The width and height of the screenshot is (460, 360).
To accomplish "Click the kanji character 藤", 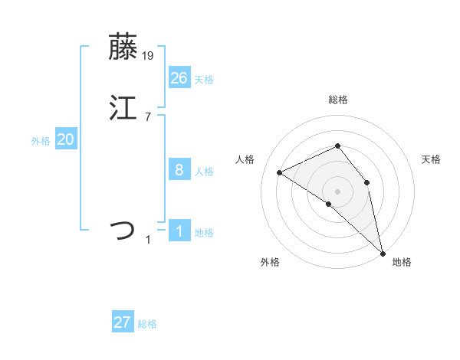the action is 123,47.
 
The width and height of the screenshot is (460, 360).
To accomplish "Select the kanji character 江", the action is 123,107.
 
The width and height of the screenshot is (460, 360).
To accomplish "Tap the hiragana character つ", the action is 123,230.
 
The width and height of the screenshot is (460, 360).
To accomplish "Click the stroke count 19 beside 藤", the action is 149,56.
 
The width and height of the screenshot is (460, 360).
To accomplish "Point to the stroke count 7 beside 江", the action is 148,116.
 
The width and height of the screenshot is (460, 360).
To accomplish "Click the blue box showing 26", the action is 179,77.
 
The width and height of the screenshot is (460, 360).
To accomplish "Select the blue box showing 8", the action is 179,170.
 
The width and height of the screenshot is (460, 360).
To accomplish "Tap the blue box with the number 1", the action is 179,231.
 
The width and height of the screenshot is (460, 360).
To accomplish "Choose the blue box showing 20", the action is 66,139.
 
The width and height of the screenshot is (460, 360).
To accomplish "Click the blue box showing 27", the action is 123,322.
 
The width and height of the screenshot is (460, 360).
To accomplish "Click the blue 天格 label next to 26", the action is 204,80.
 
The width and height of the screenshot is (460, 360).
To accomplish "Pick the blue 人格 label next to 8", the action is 204,172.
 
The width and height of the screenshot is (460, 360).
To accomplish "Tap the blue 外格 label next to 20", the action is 41,142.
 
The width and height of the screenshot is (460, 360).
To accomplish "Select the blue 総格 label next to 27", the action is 147,325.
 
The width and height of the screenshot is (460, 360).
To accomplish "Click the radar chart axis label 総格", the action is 337,100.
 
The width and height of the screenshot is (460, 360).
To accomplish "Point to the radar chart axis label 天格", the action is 432,159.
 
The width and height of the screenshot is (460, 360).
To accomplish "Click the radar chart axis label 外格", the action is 270,262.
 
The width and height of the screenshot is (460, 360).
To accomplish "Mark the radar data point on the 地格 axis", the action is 383,252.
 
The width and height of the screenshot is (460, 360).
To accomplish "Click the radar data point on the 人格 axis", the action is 280,172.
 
